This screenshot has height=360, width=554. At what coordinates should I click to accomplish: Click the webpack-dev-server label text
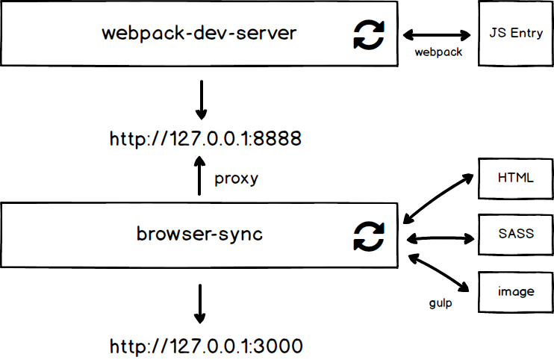click(199, 34)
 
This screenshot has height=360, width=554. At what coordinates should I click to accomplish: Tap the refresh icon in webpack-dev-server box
click(368, 34)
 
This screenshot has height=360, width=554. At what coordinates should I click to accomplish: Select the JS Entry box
click(515, 34)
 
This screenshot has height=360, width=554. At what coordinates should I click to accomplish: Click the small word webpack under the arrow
click(438, 52)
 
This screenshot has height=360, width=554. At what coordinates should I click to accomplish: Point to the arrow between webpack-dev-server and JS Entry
click(438, 34)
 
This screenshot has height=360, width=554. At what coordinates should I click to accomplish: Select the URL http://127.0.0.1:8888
click(205, 139)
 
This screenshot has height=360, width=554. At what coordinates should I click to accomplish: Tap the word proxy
click(236, 179)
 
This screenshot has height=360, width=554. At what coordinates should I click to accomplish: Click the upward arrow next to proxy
click(200, 176)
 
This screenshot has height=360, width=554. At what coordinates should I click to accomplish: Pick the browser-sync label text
click(199, 234)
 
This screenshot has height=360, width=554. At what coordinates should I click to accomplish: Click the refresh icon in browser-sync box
click(368, 237)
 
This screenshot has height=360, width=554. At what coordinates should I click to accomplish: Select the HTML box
click(516, 179)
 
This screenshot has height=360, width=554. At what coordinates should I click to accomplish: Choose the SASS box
click(516, 234)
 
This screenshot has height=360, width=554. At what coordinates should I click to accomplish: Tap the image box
click(516, 291)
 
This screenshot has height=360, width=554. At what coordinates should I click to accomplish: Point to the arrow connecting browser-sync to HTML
click(439, 198)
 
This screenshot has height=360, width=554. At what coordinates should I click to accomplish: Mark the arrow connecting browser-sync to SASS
click(440, 239)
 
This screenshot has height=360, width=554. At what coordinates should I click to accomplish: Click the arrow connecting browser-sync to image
click(439, 272)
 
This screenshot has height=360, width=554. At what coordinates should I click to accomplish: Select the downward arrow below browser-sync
click(200, 302)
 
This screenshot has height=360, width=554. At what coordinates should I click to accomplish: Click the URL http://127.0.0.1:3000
click(205, 346)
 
